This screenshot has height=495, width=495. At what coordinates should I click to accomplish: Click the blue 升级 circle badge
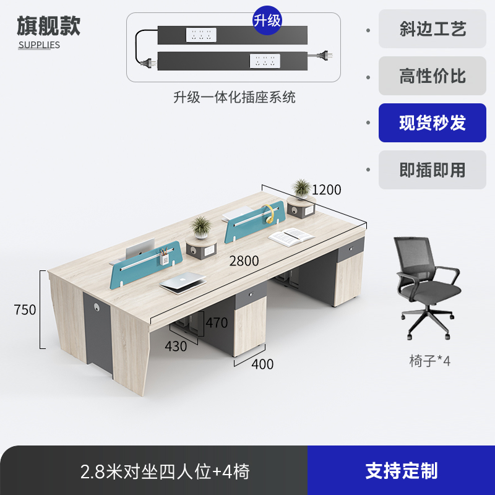[267, 20]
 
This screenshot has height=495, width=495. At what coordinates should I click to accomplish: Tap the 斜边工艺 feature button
[433, 28]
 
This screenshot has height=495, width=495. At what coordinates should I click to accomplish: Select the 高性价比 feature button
[433, 76]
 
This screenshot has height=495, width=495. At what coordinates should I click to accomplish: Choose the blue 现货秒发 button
[433, 123]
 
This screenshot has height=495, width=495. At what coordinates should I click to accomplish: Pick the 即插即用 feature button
[433, 170]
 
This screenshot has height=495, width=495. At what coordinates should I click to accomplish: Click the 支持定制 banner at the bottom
[401, 471]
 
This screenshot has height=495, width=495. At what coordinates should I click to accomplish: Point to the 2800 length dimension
[244, 260]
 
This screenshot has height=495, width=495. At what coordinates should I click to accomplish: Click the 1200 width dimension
[326, 190]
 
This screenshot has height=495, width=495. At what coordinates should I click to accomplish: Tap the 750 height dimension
[25, 309]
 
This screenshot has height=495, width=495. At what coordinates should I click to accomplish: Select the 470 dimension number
[217, 322]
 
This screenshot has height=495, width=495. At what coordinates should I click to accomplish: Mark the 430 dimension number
[176, 346]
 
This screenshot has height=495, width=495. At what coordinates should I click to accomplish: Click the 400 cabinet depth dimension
[262, 364]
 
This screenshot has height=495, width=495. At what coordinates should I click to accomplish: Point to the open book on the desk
[291, 235]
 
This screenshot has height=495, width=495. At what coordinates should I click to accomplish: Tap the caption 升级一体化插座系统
[234, 97]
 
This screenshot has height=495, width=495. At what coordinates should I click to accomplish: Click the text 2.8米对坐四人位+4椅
[165, 471]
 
